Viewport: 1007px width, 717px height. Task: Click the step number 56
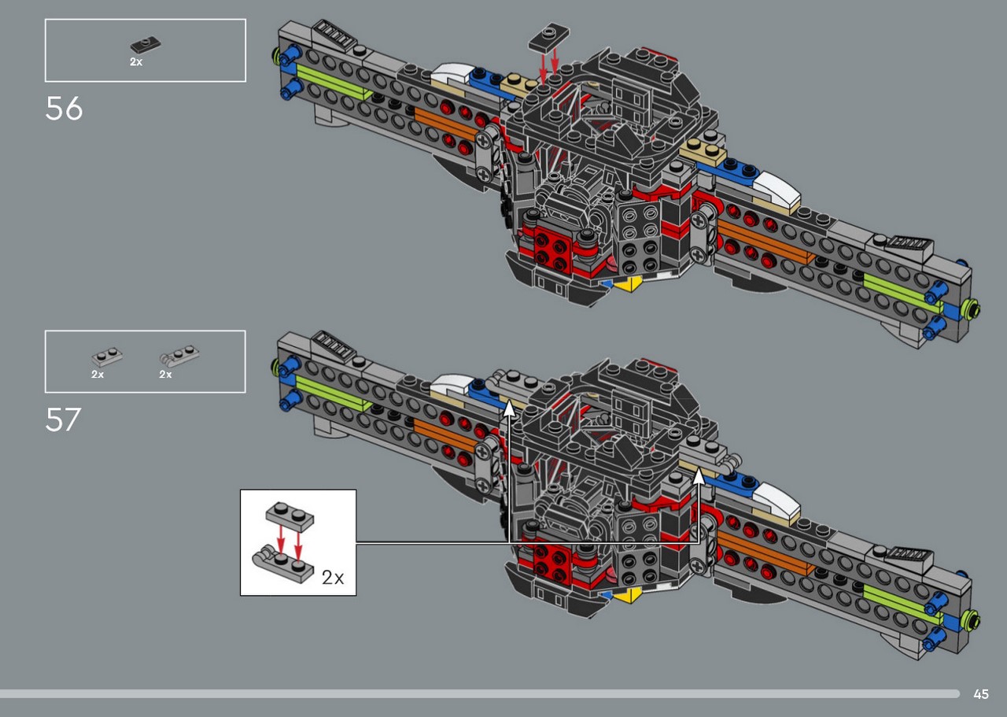point(64,109)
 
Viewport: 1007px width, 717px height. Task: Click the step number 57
point(64,419)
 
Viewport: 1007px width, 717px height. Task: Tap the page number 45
point(981,694)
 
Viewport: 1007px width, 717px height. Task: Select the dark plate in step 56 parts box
point(146,45)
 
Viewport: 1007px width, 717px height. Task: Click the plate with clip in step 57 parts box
point(179,356)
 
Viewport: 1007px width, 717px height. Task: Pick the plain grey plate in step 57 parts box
point(107,357)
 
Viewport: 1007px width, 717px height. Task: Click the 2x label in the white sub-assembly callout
point(333,577)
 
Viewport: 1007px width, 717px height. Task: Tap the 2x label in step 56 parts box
point(136,62)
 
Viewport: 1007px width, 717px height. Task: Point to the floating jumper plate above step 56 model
point(548,37)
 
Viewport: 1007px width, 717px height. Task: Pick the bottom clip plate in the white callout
point(282,564)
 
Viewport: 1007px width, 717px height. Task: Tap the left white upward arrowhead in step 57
point(509,409)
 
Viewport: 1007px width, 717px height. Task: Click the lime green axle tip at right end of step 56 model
point(974,309)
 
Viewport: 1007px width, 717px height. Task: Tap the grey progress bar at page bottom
point(479,694)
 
